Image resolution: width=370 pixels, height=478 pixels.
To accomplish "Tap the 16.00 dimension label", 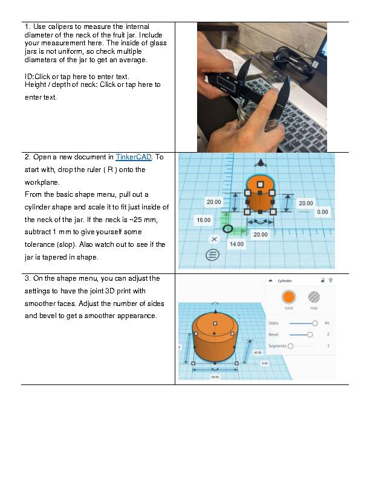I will click(203, 221).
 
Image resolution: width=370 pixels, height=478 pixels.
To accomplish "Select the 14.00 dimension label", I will click(236, 244).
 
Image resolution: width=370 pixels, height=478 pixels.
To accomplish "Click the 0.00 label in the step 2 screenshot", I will click(322, 212).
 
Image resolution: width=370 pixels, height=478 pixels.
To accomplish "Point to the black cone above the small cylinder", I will click(260, 163).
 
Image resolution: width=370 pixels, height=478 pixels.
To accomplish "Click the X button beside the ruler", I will click(213, 239).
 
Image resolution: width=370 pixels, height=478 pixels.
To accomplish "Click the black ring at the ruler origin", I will click(227, 229).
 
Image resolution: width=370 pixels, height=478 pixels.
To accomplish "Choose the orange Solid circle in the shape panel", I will click(288, 297).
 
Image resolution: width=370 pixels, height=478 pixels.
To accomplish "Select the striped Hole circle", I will click(314, 297).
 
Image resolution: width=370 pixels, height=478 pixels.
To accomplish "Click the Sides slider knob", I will click(314, 323).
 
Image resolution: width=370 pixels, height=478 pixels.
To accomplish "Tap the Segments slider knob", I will click(291, 346).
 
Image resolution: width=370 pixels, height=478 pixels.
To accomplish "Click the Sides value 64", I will click(327, 323).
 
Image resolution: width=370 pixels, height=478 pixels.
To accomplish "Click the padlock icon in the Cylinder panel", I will click(322, 281).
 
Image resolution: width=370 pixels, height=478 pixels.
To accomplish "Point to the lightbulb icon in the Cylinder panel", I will click(330, 281).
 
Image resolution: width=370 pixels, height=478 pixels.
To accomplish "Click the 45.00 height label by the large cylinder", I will click(258, 352).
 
